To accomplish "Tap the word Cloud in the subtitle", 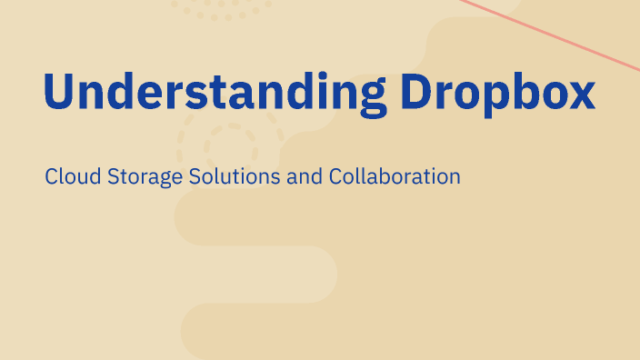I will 69,175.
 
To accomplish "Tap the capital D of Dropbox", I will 421,92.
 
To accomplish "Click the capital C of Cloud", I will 51,175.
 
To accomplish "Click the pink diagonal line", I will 564,36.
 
